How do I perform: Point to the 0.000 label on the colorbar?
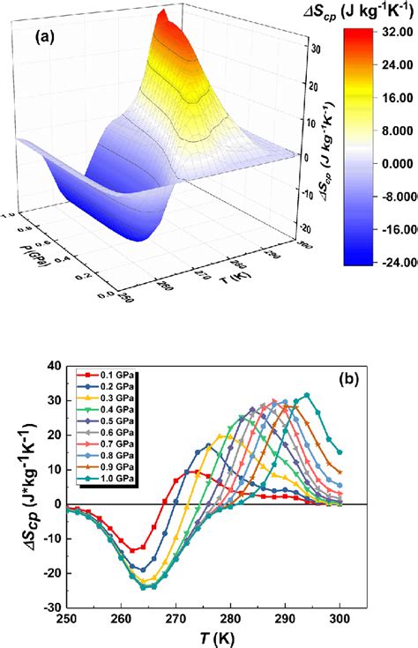394,163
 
